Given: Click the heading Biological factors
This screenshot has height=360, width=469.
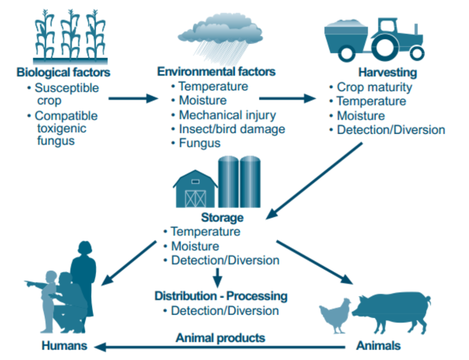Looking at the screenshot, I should [x=63, y=72].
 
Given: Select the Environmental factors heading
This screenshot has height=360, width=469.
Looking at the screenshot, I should [x=216, y=71].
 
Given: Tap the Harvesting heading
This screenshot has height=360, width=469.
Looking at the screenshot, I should [x=387, y=72].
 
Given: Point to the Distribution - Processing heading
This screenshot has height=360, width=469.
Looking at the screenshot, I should [x=221, y=296].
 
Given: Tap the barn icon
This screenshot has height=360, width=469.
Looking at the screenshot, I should [x=195, y=189].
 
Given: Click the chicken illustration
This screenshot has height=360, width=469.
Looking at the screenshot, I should [x=335, y=315].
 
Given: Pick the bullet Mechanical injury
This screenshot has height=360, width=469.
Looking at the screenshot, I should [x=227, y=115].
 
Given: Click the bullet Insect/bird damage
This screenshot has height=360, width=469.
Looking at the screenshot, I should [x=231, y=129].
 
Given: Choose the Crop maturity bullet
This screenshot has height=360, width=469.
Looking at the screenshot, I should [x=374, y=87].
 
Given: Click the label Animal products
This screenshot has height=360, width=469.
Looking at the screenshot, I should [x=220, y=338].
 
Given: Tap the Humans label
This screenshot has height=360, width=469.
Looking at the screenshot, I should [x=64, y=346].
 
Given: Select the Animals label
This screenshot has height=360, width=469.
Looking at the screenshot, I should [x=378, y=346].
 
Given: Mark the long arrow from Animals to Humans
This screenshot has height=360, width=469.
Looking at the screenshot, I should [x=220, y=348].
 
